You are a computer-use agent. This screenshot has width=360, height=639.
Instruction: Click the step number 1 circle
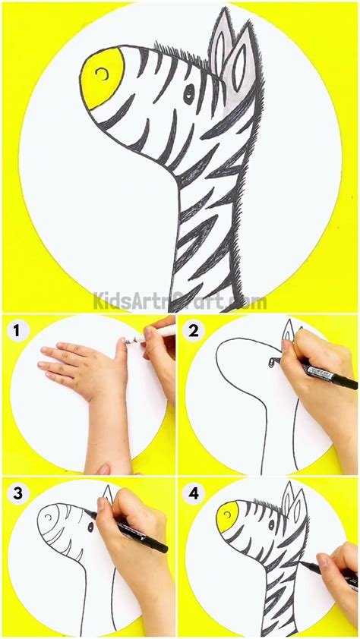click(14, 330)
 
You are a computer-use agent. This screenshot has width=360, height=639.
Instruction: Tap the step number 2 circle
click(193, 330)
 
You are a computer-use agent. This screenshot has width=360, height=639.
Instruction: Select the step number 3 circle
click(14, 492)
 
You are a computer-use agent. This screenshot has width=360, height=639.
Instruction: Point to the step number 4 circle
click(193, 492)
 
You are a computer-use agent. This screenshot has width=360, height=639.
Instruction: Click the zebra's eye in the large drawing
click(188, 93)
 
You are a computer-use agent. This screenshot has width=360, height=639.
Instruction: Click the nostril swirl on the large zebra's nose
click(101, 72)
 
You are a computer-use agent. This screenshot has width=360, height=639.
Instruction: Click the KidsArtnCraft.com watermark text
click(180, 302)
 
